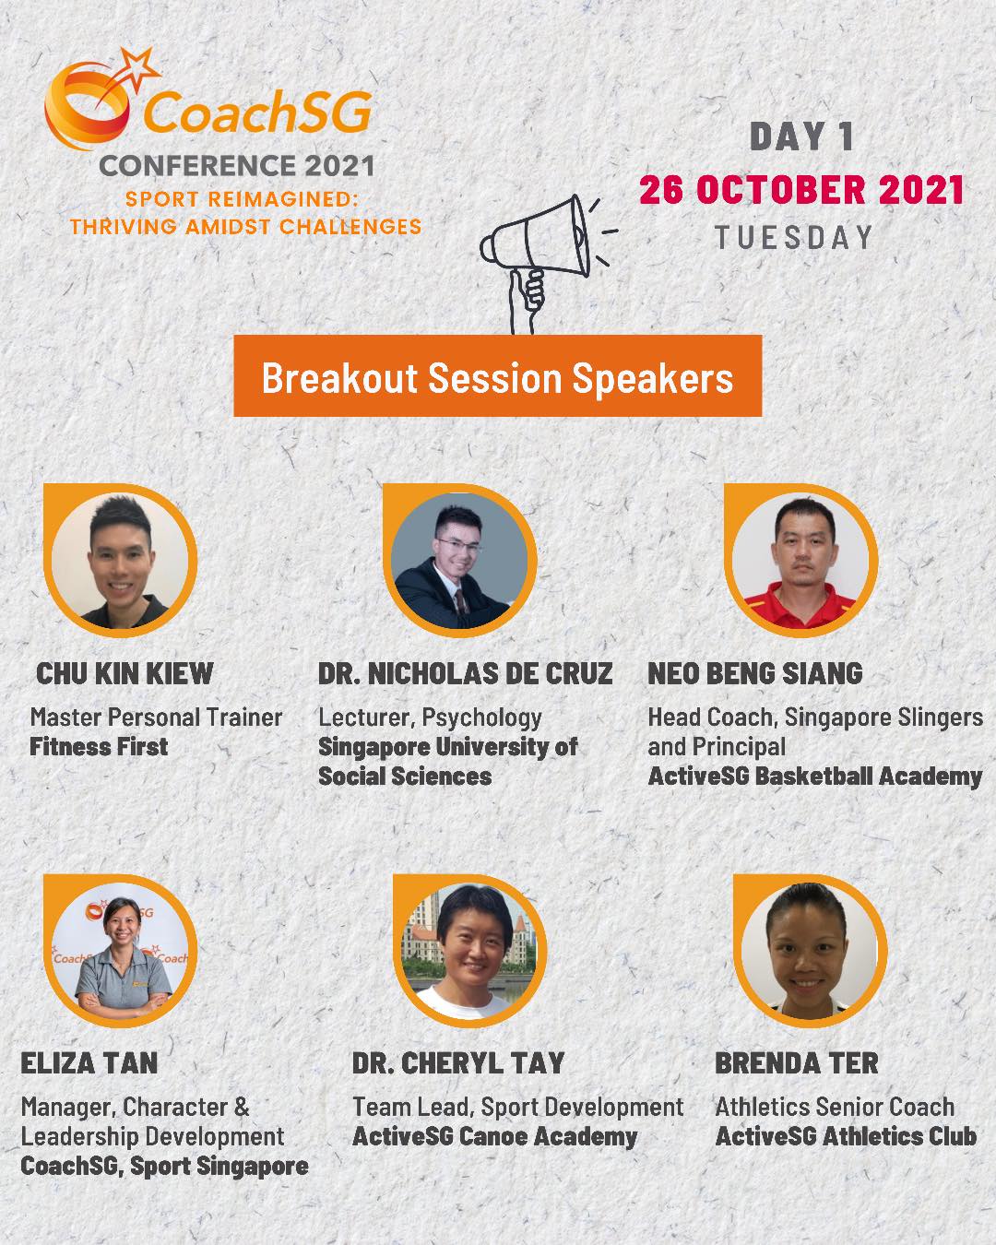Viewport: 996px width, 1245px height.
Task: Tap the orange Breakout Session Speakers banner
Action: pyautogui.click(x=497, y=377)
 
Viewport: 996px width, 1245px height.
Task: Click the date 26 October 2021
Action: pyautogui.click(x=801, y=190)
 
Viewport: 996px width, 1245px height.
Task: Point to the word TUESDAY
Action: pyautogui.click(x=794, y=237)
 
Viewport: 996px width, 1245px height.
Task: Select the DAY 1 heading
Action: pyautogui.click(x=801, y=137)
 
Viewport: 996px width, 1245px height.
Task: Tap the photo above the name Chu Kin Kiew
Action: pyautogui.click(x=121, y=559)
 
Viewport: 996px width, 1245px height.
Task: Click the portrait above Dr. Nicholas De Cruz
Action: pyautogui.click(x=458, y=560)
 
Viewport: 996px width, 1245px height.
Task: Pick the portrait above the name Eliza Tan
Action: pyautogui.click(x=121, y=951)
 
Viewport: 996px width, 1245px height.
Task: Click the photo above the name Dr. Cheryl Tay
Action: pyautogui.click(x=470, y=951)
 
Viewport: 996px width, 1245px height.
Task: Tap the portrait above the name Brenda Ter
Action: pyautogui.click(x=809, y=951)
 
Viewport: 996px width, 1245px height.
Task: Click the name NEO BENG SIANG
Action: pyautogui.click(x=755, y=673)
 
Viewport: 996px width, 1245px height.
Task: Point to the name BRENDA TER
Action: pyautogui.click(x=797, y=1062)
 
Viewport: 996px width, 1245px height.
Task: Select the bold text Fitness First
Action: pyautogui.click(x=99, y=746)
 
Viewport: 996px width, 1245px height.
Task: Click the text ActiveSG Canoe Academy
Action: pyautogui.click(x=494, y=1136)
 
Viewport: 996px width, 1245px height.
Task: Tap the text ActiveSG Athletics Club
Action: pyautogui.click(x=846, y=1136)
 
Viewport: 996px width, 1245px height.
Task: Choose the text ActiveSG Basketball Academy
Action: pyautogui.click(x=814, y=776)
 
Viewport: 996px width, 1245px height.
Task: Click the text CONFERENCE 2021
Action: pyautogui.click(x=237, y=166)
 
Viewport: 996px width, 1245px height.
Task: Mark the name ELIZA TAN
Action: pyautogui.click(x=89, y=1062)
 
